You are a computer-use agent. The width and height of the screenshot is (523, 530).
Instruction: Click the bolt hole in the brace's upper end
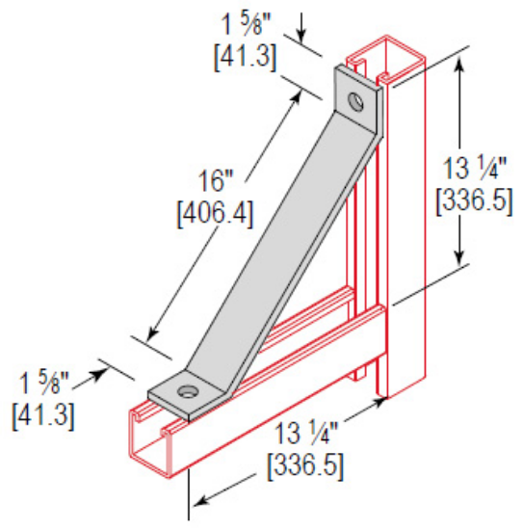click(x=357, y=99)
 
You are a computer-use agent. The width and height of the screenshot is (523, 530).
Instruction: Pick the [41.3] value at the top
click(x=245, y=56)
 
